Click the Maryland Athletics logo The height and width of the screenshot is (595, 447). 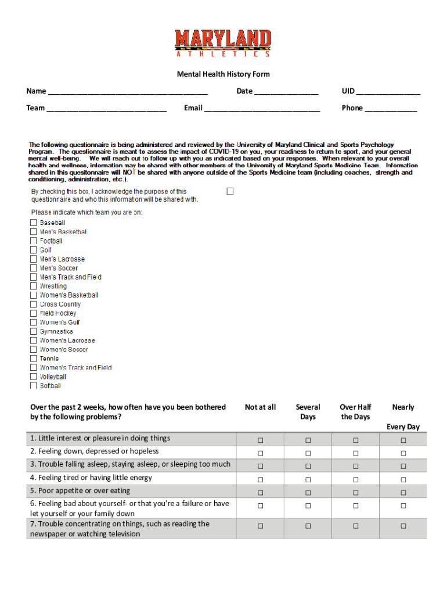[223, 43]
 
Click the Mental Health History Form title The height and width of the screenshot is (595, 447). [223, 74]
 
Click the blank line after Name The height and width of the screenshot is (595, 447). [128, 92]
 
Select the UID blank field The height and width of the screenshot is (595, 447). [388, 92]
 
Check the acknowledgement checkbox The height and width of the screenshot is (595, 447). [230, 191]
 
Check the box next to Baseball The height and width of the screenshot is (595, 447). [33, 223]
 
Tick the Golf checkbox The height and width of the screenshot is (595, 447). [33, 250]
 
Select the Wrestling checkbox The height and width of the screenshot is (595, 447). [33, 286]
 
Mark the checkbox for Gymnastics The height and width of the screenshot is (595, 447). [33, 332]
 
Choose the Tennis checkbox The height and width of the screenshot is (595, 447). [33, 359]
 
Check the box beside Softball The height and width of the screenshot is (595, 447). [33, 386]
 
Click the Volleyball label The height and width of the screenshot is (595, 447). [53, 377]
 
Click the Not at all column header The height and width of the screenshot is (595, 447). [260, 407]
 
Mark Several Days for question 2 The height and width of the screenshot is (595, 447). [308, 453]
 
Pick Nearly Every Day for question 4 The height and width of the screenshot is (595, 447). [403, 479]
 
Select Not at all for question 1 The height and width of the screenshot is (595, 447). [260, 440]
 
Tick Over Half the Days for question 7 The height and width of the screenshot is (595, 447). [355, 526]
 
